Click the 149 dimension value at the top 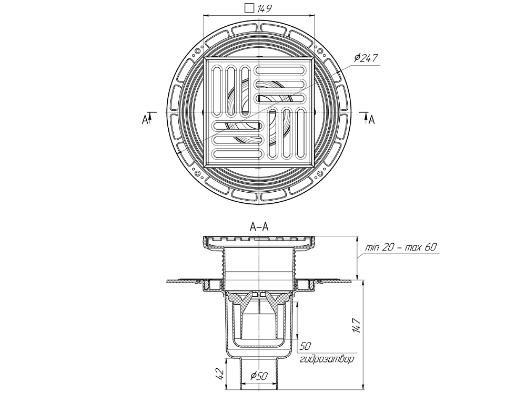tap(265, 7)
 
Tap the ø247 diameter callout tap(367, 58)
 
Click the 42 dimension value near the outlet tap(221, 374)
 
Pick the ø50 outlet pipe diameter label tap(260, 376)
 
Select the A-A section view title tap(259, 227)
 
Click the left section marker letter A tap(145, 120)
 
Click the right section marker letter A tap(371, 120)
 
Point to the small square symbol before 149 tap(250, 7)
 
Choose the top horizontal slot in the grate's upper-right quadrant tap(281, 70)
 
